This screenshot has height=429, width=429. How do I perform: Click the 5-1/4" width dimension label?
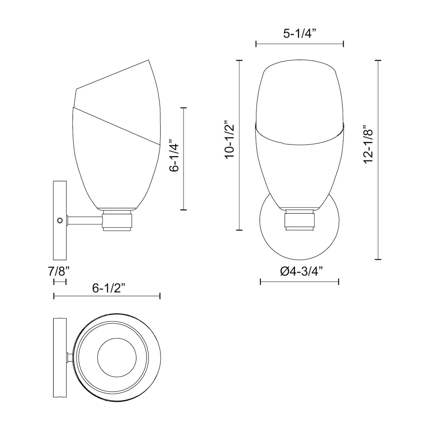pos(299,33)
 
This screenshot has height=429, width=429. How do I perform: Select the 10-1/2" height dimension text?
pos(230,140)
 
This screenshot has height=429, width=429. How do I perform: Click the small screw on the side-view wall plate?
pos(60,220)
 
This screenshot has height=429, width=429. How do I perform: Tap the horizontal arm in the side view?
pos(85,220)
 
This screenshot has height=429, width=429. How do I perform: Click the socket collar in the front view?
pos(300,221)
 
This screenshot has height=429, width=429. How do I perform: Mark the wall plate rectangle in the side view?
pos(60,220)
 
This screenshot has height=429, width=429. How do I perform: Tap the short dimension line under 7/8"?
pos(60,282)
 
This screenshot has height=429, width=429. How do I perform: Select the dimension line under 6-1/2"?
pos(106,296)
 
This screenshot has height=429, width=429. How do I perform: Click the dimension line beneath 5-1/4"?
pos(300,44)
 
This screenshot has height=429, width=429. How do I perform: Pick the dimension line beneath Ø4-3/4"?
pos(299,282)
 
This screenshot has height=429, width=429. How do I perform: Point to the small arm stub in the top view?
pos(70,357)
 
